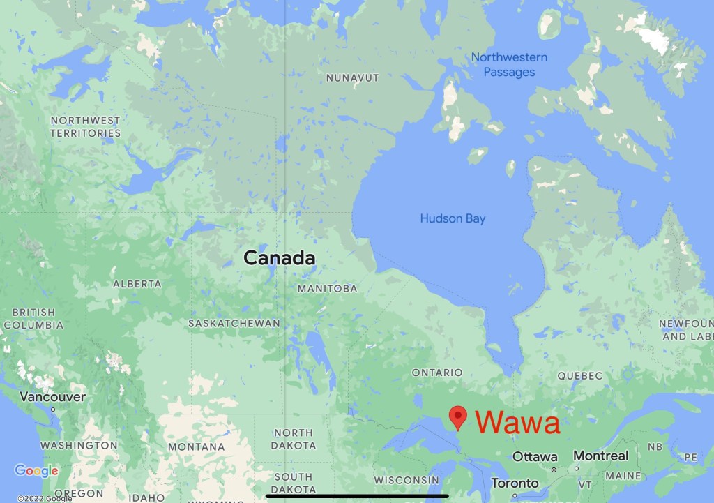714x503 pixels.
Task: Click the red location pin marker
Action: pyautogui.click(x=457, y=416)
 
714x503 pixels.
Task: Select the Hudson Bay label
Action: pyautogui.click(x=453, y=219)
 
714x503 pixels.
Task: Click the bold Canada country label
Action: pyautogui.click(x=279, y=258)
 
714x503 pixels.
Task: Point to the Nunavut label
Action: pyautogui.click(x=352, y=78)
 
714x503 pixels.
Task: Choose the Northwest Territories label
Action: pyautogui.click(x=85, y=127)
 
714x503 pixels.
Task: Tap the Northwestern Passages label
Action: pyautogui.click(x=509, y=65)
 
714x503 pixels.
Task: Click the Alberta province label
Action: pyautogui.click(x=137, y=284)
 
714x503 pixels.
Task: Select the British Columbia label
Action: pyautogui.click(x=33, y=319)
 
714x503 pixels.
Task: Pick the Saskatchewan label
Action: pyautogui.click(x=234, y=324)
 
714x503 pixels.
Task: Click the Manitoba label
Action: pyautogui.click(x=327, y=289)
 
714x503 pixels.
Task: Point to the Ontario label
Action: pyautogui.click(x=437, y=373)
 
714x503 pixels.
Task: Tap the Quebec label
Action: pyautogui.click(x=579, y=376)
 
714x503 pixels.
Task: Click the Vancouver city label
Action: pyautogui.click(x=53, y=397)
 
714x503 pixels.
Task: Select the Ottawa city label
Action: pyautogui.click(x=535, y=457)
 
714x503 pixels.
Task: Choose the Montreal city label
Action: pyautogui.click(x=600, y=456)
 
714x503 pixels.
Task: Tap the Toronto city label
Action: pyautogui.click(x=515, y=483)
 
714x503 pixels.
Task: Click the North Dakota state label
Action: pyautogui.click(x=293, y=440)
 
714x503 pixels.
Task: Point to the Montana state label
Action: pyautogui.click(x=196, y=446)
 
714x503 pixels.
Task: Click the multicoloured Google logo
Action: pyautogui.click(x=36, y=472)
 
